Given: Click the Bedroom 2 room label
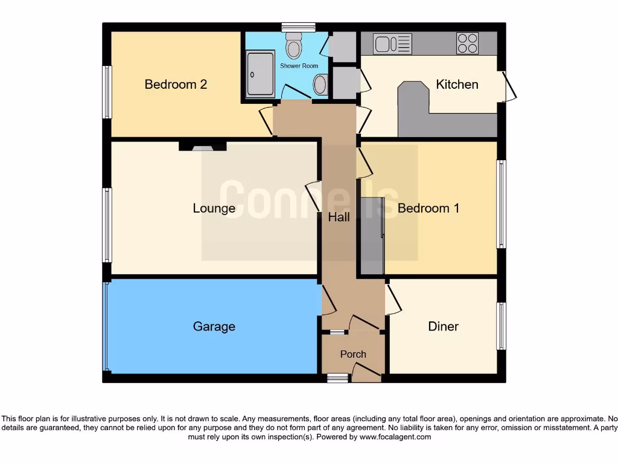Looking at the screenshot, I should [x=176, y=85].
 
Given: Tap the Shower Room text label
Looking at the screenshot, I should [x=299, y=66].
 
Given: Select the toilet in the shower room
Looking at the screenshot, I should [x=294, y=43].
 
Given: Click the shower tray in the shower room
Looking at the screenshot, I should [x=261, y=74].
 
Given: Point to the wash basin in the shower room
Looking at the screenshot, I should [x=320, y=85].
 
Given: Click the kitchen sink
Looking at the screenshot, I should [x=392, y=43].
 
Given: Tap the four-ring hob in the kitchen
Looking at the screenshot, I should [x=467, y=43].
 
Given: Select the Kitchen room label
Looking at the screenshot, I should [x=457, y=85].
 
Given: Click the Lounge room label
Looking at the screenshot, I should [x=214, y=208].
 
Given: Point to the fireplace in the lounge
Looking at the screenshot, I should [x=202, y=146].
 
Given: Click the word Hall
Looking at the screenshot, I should [x=339, y=217].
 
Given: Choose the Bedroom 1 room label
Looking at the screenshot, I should [x=428, y=208].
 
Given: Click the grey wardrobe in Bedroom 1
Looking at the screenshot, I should [x=372, y=236].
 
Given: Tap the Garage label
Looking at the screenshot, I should [x=214, y=327].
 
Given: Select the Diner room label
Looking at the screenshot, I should [x=443, y=327].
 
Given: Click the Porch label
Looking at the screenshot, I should [x=353, y=354].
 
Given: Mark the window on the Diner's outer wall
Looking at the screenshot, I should [x=501, y=326].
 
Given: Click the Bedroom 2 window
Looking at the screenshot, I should [x=107, y=92].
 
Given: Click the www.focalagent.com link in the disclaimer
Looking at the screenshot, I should [x=395, y=437].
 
